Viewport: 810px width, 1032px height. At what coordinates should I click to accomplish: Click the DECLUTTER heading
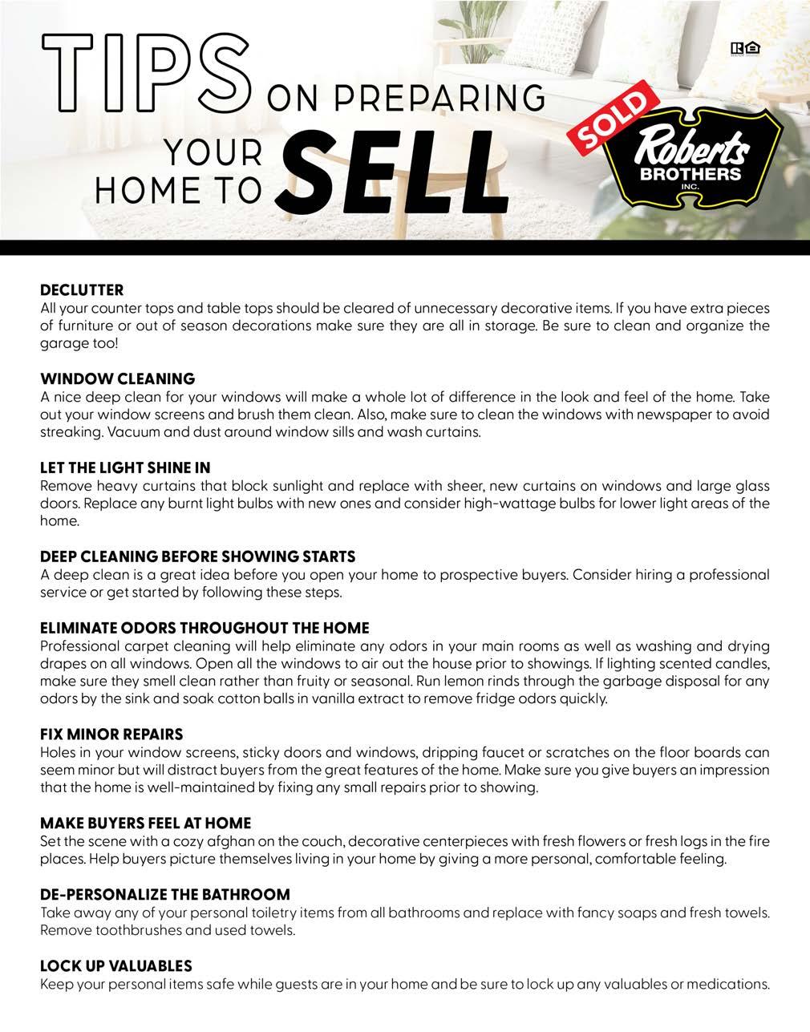(x=82, y=289)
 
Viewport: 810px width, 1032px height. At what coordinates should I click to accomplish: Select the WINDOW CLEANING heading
(x=117, y=378)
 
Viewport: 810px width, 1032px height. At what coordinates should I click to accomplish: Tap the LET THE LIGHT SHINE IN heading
(x=125, y=467)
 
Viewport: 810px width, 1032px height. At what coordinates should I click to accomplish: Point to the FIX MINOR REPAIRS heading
(x=111, y=734)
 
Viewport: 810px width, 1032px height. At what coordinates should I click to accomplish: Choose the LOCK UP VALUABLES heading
(x=116, y=965)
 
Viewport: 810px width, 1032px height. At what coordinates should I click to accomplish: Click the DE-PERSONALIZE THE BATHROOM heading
(x=165, y=894)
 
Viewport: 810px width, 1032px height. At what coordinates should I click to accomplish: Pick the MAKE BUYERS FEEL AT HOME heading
(x=145, y=823)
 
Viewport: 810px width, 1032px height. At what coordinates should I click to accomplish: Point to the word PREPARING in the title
(x=460, y=99)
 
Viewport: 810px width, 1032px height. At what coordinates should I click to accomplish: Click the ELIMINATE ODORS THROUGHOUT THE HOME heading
(x=205, y=627)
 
